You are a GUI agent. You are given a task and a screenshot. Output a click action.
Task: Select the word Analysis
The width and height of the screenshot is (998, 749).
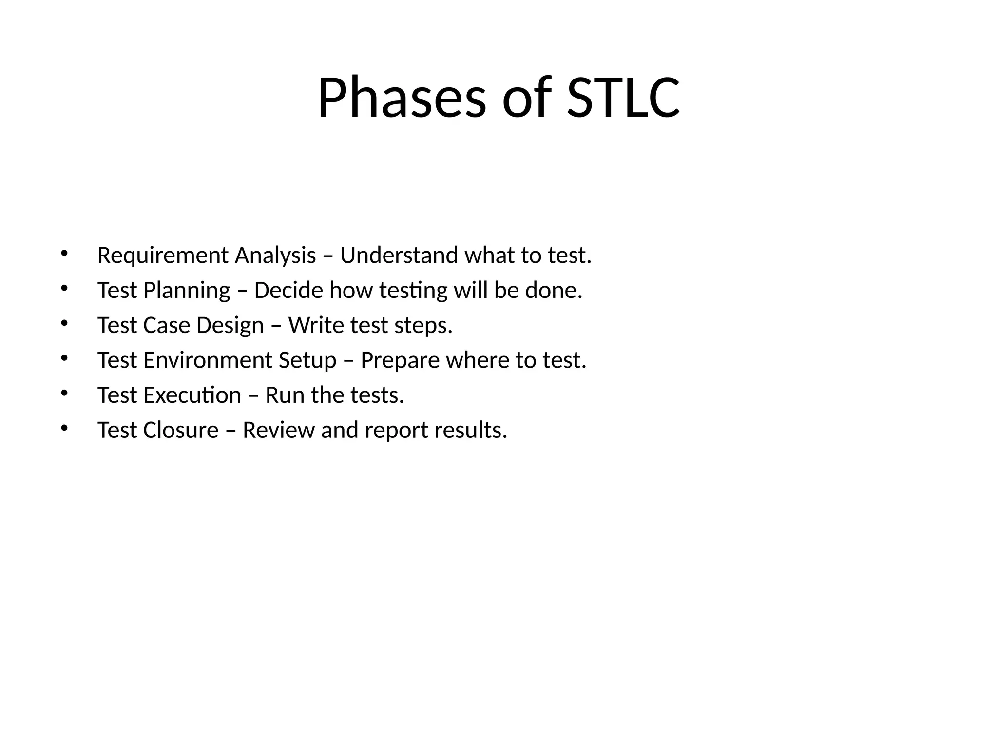(x=275, y=256)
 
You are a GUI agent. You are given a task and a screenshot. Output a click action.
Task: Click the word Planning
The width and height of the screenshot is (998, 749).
(x=187, y=291)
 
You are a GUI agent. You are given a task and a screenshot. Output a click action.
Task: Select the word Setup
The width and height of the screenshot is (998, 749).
(x=307, y=361)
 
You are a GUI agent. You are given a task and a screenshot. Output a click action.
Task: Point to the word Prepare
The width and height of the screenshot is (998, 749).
(x=400, y=361)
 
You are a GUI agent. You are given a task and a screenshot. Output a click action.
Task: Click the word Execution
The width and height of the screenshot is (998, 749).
(x=192, y=395)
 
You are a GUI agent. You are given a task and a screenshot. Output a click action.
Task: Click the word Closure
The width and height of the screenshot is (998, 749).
(x=181, y=430)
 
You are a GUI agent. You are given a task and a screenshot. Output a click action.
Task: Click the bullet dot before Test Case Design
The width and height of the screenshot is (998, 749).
(x=64, y=323)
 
